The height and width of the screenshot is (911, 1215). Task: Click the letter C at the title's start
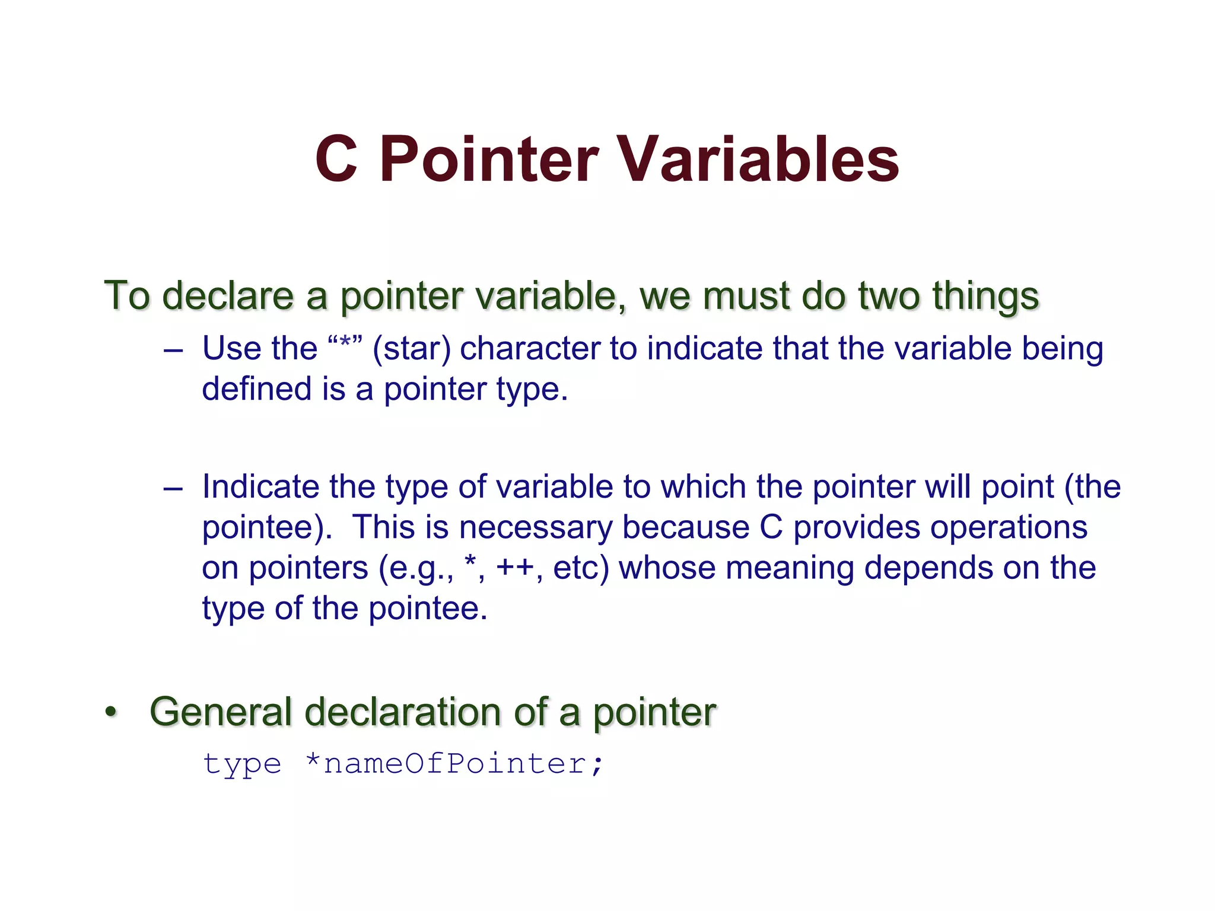(x=336, y=159)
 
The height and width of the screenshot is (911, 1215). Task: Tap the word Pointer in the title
(x=489, y=159)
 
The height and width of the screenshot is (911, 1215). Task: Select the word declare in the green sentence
(x=228, y=295)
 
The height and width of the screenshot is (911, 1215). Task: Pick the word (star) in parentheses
(x=412, y=349)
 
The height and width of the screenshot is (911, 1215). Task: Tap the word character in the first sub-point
(x=530, y=348)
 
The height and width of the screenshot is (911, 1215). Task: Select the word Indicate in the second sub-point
(x=260, y=487)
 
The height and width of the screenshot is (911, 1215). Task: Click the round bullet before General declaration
(x=111, y=711)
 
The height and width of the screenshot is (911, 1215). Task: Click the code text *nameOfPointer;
(x=454, y=764)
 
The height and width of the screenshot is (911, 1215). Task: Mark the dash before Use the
(x=173, y=350)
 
